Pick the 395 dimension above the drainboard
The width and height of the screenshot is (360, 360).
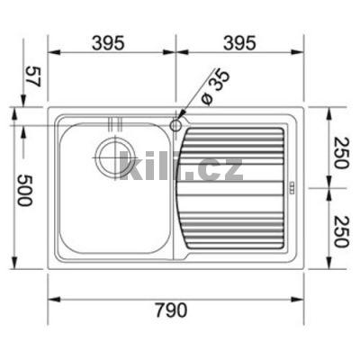point(238,42)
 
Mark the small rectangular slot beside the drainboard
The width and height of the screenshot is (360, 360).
point(290,188)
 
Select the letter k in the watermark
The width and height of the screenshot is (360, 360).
point(128,166)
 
